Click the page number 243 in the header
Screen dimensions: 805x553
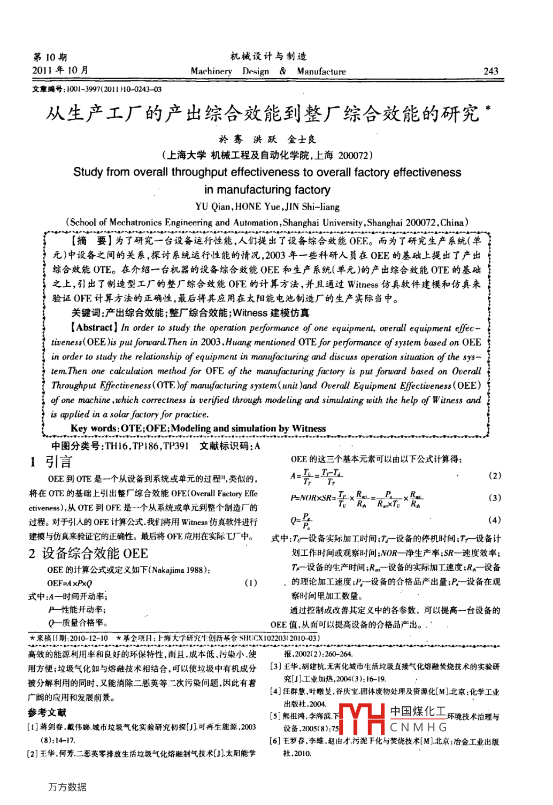490,71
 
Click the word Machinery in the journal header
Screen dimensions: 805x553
211,71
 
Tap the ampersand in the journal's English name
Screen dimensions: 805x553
282,71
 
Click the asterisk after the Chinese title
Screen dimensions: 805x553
487,109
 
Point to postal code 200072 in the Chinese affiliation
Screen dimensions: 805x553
353,156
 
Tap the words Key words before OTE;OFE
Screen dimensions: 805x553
94,428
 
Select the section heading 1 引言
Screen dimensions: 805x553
51,462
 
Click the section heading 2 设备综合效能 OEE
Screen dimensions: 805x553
88,553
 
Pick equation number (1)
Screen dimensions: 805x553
250,583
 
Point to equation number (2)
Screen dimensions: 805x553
495,476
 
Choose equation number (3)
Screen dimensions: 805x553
495,497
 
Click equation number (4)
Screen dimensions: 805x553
495,520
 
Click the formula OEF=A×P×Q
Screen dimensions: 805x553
70,583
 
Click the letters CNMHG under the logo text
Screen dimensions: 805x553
418,727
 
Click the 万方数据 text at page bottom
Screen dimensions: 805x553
67,787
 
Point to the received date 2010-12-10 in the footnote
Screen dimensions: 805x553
88,638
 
